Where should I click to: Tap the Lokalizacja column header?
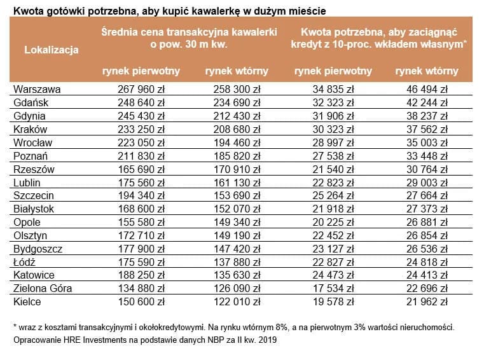coord(51,50)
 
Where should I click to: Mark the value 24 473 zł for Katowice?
coord(333,275)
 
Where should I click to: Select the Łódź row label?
coord(25,262)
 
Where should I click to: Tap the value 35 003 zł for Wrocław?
coord(427,142)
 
